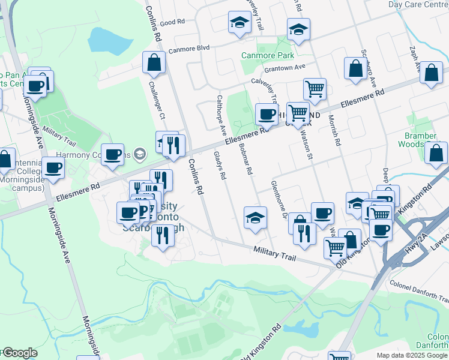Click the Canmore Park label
coord(267,55)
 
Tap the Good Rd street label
coord(172,22)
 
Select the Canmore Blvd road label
coord(188,49)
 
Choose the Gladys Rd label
coord(220,166)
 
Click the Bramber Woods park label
coord(420,140)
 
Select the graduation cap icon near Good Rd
coord(239,23)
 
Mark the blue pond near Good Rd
coord(109,40)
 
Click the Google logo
coord(20,353)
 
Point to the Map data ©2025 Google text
coord(412,355)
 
